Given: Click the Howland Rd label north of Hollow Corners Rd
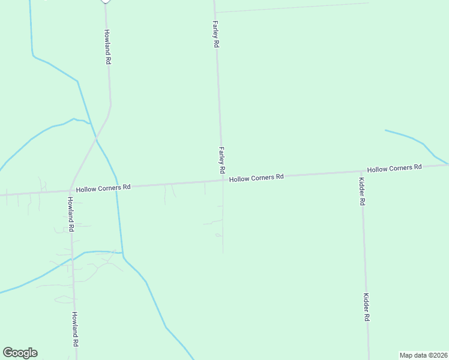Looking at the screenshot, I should click(x=107, y=47).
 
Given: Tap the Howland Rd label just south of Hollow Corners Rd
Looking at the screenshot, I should click(x=70, y=214).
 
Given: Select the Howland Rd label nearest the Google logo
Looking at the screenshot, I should click(x=76, y=329).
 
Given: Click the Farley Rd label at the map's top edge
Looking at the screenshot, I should click(x=215, y=34).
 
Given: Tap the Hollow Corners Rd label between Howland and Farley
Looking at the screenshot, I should click(x=103, y=188).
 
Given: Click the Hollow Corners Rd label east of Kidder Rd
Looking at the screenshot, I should click(x=394, y=169).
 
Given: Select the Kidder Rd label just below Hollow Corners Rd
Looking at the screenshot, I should click(x=361, y=191).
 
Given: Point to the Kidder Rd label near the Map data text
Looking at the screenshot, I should click(x=366, y=307).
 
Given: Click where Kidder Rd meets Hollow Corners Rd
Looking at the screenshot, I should click(x=361, y=172).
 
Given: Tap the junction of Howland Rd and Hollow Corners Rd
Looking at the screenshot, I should click(x=71, y=190).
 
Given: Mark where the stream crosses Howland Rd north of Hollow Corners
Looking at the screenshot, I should click(x=96, y=140).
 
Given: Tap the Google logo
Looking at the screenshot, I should click(x=20, y=353).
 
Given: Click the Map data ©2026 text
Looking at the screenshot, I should click(x=423, y=355).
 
